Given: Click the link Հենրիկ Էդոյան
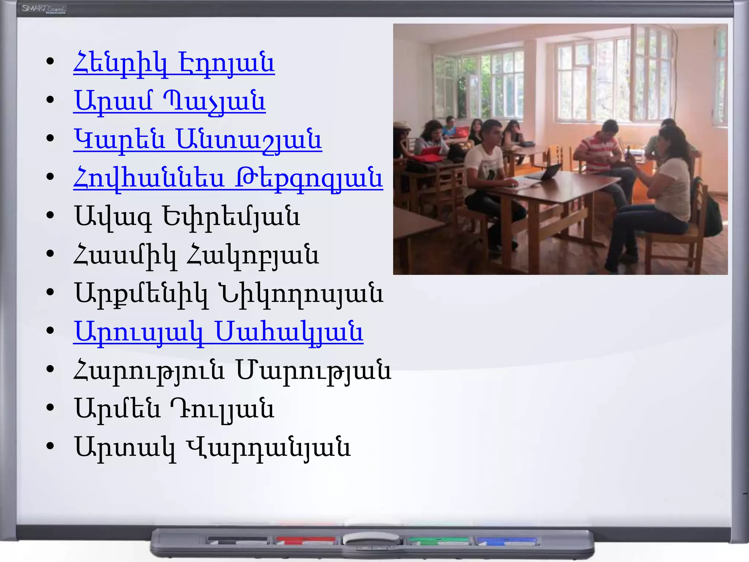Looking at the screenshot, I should [x=174, y=63].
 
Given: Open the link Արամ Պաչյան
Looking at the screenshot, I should [x=169, y=102].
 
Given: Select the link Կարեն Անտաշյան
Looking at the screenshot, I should [x=197, y=140].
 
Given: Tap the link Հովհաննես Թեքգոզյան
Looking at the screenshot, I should [x=228, y=179].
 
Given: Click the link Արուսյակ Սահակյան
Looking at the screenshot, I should [x=218, y=332].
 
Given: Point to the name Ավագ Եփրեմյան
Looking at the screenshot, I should [x=187, y=217].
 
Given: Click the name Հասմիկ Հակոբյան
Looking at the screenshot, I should [x=196, y=255].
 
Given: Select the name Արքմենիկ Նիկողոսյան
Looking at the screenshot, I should [x=229, y=294].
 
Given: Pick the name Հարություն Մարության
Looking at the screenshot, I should [x=233, y=371].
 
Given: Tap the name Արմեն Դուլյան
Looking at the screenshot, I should [x=174, y=409].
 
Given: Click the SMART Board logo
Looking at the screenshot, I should [x=44, y=9].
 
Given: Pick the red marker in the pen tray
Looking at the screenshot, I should [x=306, y=539].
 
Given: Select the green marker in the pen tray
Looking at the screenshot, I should [x=439, y=540].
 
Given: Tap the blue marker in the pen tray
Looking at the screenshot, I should [x=507, y=540].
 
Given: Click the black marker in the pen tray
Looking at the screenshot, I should [x=238, y=539].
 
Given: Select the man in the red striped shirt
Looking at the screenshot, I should [x=600, y=154].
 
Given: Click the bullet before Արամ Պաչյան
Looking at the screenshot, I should [x=50, y=99].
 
